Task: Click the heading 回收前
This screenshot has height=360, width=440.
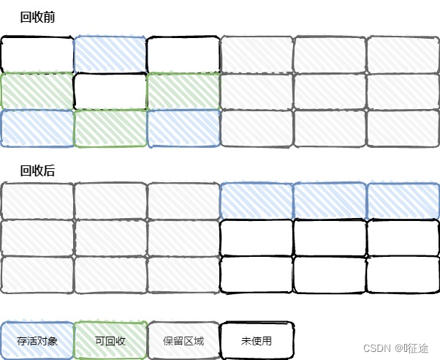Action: [37, 16]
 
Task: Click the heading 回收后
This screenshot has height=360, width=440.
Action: [37, 170]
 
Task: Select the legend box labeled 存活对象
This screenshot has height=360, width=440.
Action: [37, 340]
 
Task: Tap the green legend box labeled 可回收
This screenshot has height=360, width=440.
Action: [110, 340]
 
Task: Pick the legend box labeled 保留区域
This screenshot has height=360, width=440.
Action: [183, 340]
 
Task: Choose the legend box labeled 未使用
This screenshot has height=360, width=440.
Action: [257, 340]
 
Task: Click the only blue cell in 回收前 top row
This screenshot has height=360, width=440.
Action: [110, 54]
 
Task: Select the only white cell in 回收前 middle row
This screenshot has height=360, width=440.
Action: [110, 91]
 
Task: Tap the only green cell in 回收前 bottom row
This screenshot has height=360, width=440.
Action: [110, 128]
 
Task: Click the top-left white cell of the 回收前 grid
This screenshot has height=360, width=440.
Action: [37, 54]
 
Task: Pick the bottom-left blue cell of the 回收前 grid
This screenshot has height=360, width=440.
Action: [37, 128]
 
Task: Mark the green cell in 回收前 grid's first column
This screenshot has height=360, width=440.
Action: [37, 91]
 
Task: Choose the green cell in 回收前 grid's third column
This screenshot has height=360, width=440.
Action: [183, 91]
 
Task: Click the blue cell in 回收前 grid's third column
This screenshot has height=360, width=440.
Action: [183, 128]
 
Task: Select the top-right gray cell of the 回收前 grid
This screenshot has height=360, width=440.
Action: [403, 54]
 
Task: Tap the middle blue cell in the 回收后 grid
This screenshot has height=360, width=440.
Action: [330, 200]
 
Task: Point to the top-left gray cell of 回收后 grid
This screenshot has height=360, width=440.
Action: [37, 200]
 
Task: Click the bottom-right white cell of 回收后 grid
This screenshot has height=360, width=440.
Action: [403, 274]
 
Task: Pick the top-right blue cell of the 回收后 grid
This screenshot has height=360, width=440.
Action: [403, 200]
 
